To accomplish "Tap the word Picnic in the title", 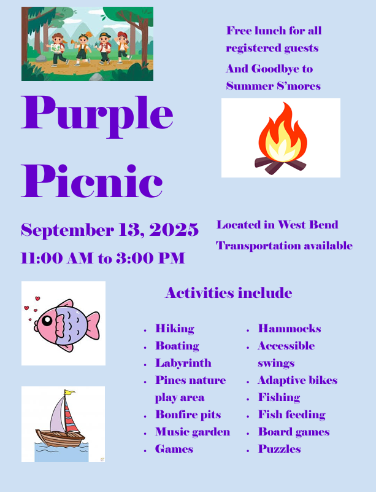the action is (92, 181).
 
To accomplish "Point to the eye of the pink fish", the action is (47, 321).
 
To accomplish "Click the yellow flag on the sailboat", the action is (69, 392).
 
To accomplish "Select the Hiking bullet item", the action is (175, 329).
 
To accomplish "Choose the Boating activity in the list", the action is (177, 346).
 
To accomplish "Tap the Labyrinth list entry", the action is (183, 363).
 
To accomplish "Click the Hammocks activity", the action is (290, 329).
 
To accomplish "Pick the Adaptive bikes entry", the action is (297, 380).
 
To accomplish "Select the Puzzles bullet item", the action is (280, 449).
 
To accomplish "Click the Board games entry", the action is (294, 432).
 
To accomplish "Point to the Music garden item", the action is (193, 432).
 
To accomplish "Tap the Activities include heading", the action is (229, 293).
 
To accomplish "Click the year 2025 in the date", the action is (174, 229).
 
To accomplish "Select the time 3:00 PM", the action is (150, 258).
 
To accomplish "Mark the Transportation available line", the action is (284, 246).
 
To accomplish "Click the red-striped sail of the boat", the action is (71, 414).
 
